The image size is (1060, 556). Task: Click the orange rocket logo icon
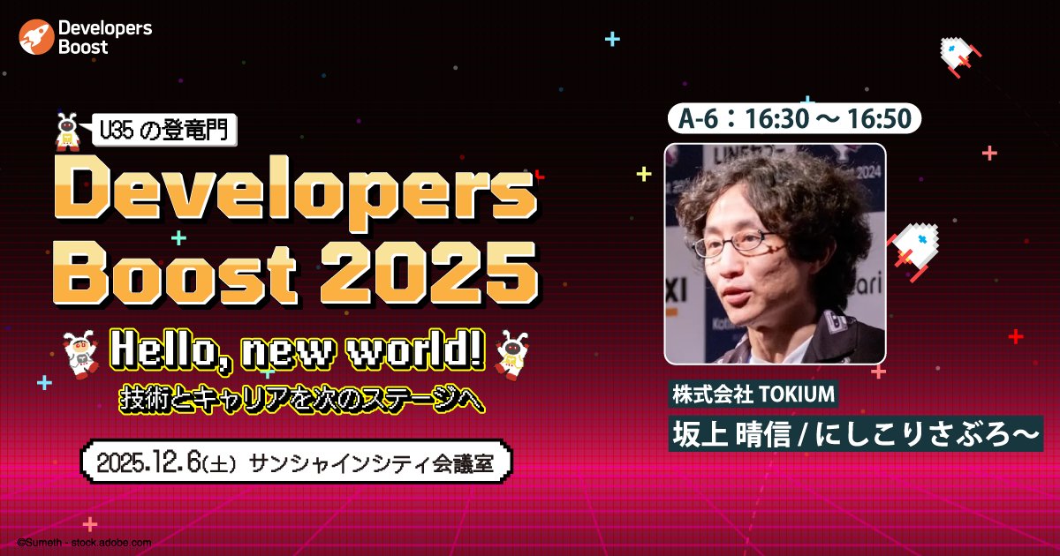pyautogui.click(x=36, y=37)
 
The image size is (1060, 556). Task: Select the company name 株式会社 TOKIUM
pyautogui.click(x=753, y=395)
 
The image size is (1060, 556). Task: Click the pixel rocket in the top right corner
pyautogui.click(x=957, y=55)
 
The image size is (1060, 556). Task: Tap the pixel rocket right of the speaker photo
pyautogui.click(x=913, y=246)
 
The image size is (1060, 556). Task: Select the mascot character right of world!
pyautogui.click(x=511, y=351)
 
